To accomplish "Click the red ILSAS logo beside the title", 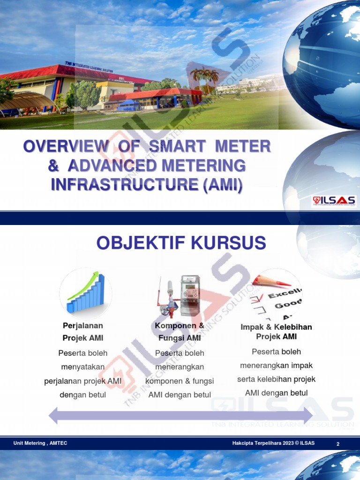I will point(334,201).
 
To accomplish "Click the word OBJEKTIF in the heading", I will point(135,243).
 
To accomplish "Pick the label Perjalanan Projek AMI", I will point(83,331).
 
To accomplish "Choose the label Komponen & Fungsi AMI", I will point(180,331).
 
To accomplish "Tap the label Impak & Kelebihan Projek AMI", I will point(276,331).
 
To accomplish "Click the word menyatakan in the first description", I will point(83,367).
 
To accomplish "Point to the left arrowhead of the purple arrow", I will point(53,415).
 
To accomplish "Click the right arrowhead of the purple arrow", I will point(307,415).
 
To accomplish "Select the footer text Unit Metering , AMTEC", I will point(40,443).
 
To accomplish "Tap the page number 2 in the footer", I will point(337,443).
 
